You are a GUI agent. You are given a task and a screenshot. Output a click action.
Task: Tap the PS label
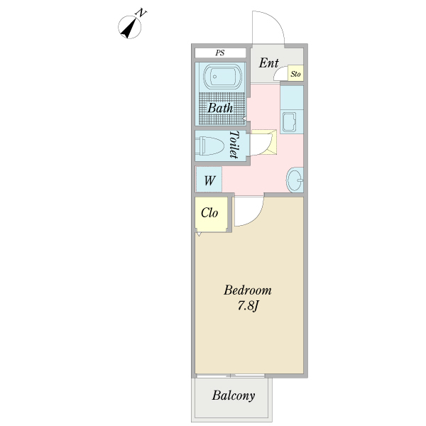pos(220,53)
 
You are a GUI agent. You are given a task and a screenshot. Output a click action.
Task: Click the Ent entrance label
pos(268,63)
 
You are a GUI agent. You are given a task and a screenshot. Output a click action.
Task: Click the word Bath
pos(220,109)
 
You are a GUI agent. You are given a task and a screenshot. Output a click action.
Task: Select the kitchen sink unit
pos(291,122)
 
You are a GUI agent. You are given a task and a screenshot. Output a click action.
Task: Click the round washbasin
pos(294,180)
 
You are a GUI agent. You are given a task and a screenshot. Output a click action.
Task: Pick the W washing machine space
pos(209,180)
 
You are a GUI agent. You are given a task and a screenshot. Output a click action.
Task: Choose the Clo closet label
pos(209,213)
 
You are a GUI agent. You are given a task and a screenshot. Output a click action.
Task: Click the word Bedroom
pos(248,290)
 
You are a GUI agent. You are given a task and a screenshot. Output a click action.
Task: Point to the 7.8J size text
pos(248,307)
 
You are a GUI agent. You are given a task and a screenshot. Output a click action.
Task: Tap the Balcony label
pos(233,396)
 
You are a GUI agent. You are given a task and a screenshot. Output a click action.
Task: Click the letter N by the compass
pos(143,12)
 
